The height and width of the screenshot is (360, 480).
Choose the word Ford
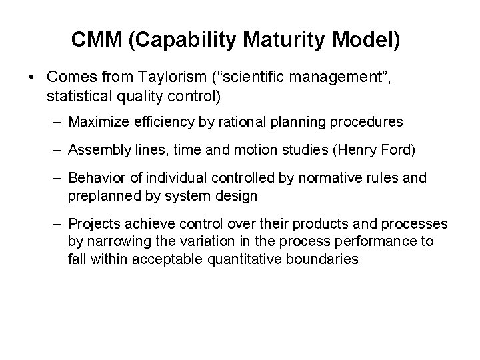[394, 151]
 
